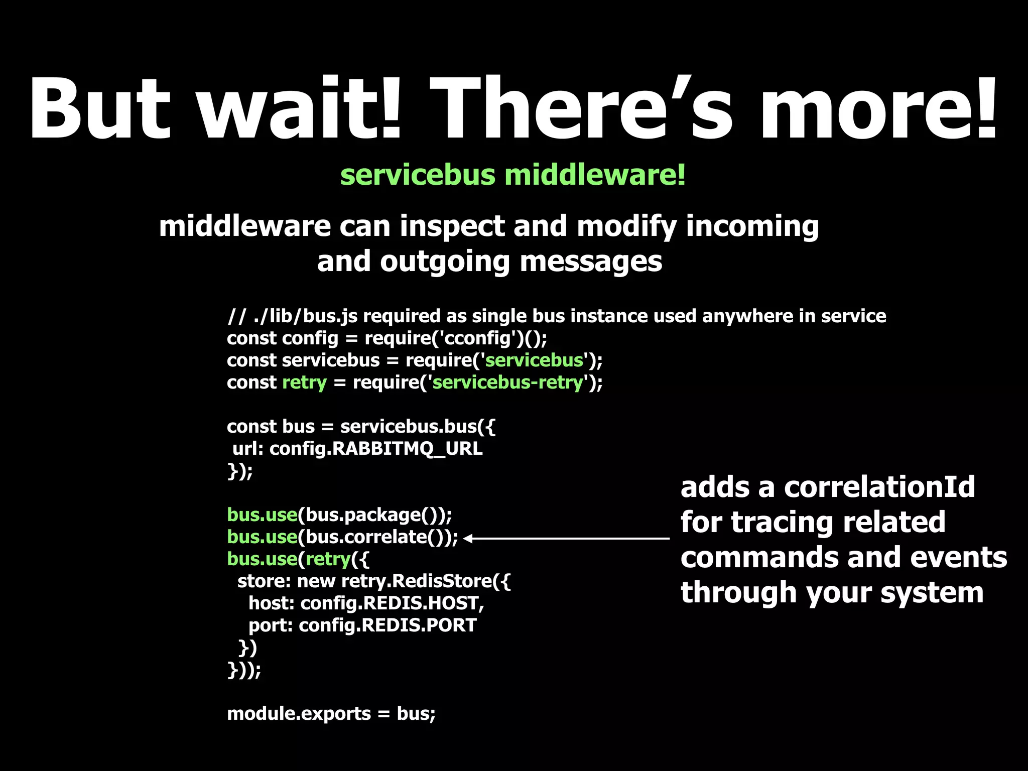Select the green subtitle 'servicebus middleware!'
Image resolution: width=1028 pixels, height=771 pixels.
tap(512, 175)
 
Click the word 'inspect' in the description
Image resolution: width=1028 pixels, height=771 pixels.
tap(452, 226)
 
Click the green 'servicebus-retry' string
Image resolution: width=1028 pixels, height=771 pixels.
tap(507, 382)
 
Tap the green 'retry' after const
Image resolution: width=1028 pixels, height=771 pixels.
tap(304, 382)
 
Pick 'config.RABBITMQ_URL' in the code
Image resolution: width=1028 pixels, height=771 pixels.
tap(376, 448)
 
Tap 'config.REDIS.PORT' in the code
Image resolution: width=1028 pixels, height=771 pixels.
tap(388, 625)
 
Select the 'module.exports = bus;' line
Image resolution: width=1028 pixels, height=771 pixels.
tap(331, 714)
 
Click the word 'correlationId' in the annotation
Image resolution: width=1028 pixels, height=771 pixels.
tap(879, 487)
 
